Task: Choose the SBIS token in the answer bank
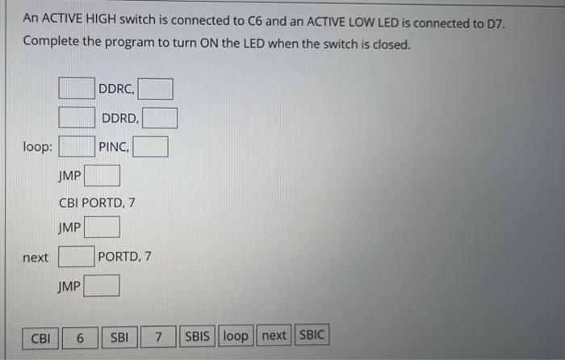click(198, 336)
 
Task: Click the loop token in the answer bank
click(236, 336)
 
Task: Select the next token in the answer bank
click(274, 336)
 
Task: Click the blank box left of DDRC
click(76, 87)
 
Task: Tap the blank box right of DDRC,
click(158, 88)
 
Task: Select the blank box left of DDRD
click(76, 118)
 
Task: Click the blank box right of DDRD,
click(160, 119)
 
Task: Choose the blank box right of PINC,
click(151, 147)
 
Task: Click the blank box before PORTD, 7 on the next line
click(76, 257)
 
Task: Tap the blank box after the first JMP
click(103, 175)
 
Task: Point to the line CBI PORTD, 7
click(96, 203)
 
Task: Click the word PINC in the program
click(112, 147)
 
